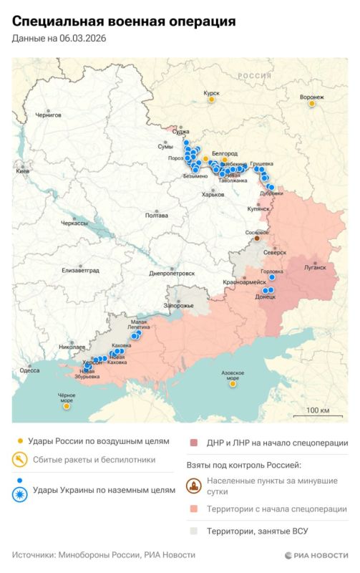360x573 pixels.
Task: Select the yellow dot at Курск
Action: point(211,101)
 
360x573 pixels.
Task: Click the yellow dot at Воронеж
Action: point(312,104)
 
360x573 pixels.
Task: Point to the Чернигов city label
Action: point(49,115)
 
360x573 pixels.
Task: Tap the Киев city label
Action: point(24,172)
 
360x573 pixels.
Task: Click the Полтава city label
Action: point(156,215)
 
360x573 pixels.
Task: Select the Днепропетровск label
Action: point(172,273)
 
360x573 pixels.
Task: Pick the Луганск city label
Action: point(315,267)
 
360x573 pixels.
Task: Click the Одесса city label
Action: point(30,370)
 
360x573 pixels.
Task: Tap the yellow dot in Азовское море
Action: point(233,384)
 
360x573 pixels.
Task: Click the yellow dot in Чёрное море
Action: point(67,406)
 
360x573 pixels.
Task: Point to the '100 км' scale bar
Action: point(317,410)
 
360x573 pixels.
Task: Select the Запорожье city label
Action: point(179,306)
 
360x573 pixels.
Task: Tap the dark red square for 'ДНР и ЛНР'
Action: point(195,443)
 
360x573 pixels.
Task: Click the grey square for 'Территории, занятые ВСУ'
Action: point(195,532)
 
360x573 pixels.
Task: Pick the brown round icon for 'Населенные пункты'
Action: point(195,486)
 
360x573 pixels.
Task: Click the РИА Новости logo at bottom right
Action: point(316,555)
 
